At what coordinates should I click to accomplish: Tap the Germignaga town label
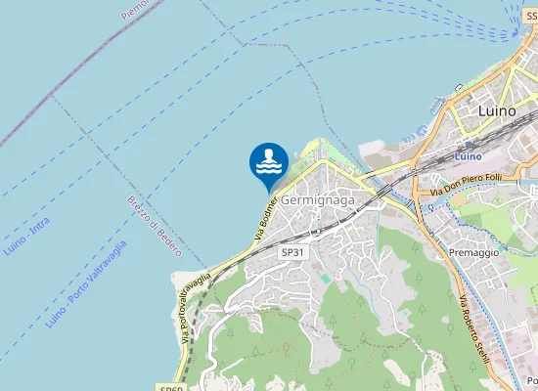[x=317, y=199]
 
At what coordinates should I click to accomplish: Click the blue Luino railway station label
[x=470, y=156]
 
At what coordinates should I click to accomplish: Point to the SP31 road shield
[x=292, y=252]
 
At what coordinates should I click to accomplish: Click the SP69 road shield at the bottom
[x=167, y=387]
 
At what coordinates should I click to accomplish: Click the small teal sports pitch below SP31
[x=324, y=279]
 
